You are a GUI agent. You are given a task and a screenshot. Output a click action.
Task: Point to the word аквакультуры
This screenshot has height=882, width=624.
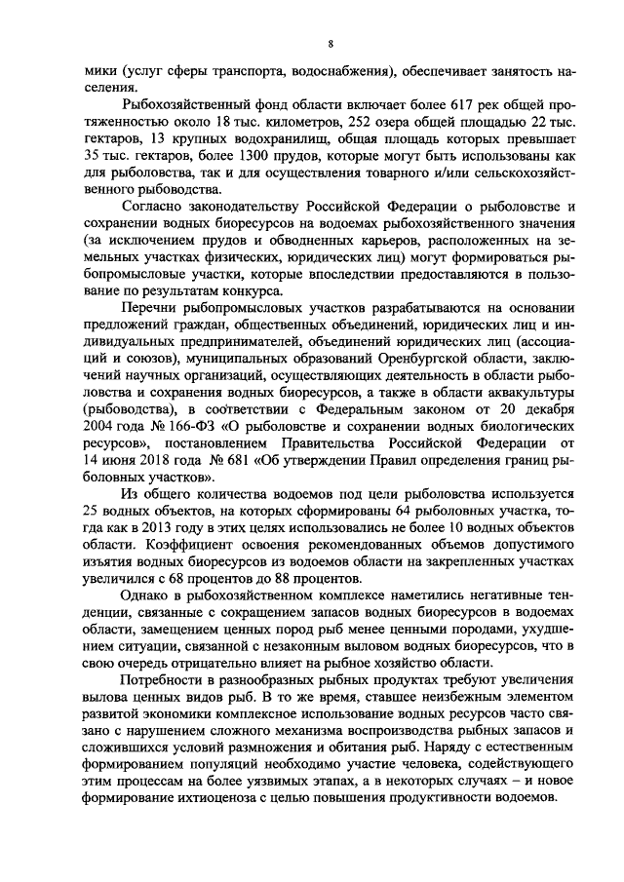(494, 396)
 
